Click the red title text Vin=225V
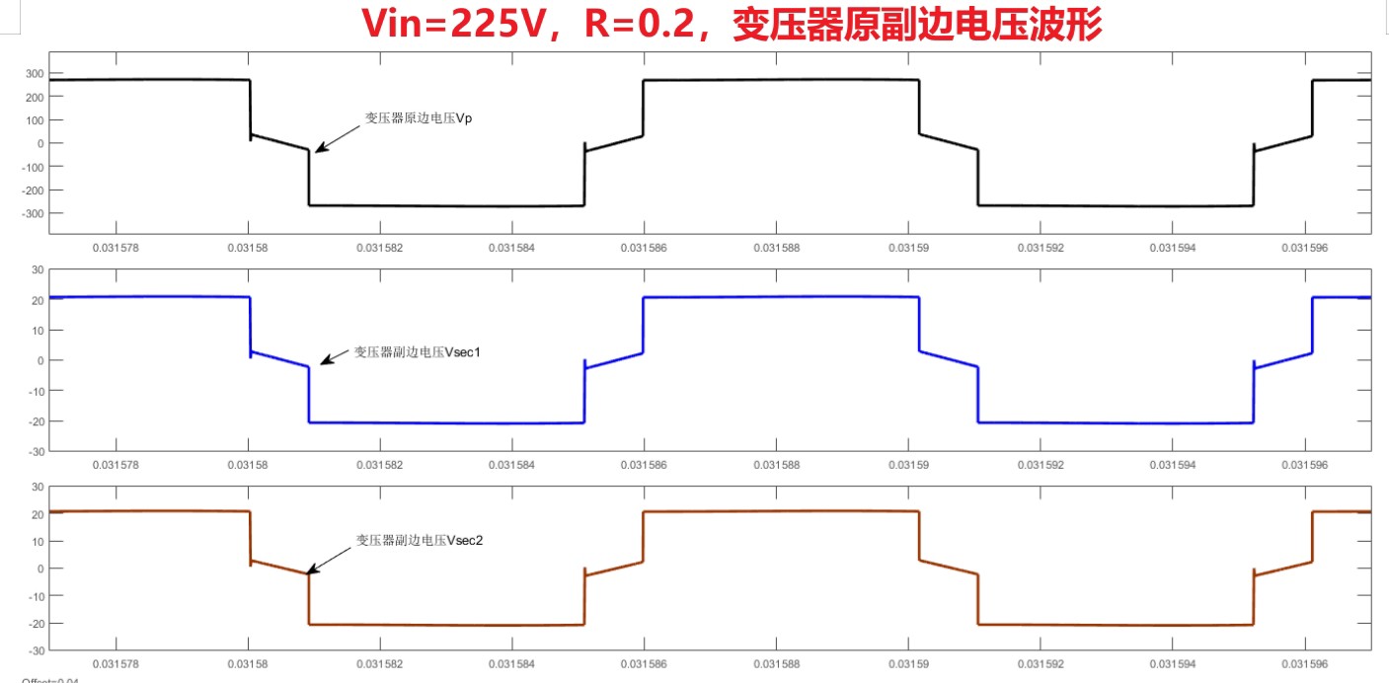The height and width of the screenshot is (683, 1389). coord(461,25)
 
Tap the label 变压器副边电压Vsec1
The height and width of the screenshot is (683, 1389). coord(417,351)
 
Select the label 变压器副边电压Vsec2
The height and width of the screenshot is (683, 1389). coord(419,540)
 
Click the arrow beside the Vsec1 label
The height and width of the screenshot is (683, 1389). coord(335,357)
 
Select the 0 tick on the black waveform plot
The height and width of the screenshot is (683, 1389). coord(39,144)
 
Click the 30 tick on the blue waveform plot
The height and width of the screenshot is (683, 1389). coord(38,269)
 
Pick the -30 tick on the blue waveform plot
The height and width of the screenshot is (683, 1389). coord(36,451)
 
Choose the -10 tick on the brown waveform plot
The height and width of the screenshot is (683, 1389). coord(36,596)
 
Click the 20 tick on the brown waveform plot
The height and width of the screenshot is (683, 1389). coord(38,514)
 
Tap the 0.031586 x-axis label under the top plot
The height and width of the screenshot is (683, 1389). coord(643,248)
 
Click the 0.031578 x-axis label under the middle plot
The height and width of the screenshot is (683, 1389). coord(114,465)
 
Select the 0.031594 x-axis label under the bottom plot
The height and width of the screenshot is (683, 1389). coord(1173,664)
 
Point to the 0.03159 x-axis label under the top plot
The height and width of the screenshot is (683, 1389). coord(908,248)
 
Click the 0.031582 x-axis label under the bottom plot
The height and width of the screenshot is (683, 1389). coord(378,664)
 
